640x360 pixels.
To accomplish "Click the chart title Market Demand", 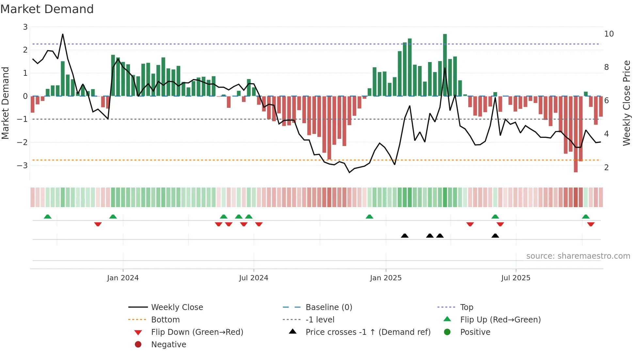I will [47, 9].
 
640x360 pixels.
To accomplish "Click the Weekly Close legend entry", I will [177, 307].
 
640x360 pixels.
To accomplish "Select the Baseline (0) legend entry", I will [328, 307].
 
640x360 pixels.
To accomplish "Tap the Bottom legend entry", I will [165, 319].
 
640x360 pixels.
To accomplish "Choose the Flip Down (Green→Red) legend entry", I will [197, 332].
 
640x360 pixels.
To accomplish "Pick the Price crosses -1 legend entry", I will [368, 332].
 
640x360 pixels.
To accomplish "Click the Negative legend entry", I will [168, 344].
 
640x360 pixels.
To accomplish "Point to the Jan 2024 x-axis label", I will [123, 278].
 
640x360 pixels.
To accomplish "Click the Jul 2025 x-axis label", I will [516, 278].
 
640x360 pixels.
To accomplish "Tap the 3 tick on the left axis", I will [25, 27].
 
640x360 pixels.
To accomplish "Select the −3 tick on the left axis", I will [23, 165].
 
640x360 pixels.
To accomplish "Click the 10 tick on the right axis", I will [609, 34].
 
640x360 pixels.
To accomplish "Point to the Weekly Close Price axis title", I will [626, 103].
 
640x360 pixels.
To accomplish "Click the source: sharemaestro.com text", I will [578, 256].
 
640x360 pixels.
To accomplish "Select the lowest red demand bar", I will [576, 134].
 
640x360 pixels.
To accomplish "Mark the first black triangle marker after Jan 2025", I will [405, 236].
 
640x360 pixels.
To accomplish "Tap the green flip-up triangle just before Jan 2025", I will [369, 217].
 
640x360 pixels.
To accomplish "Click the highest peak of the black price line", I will [63, 34].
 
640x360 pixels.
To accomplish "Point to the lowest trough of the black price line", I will [349, 172].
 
